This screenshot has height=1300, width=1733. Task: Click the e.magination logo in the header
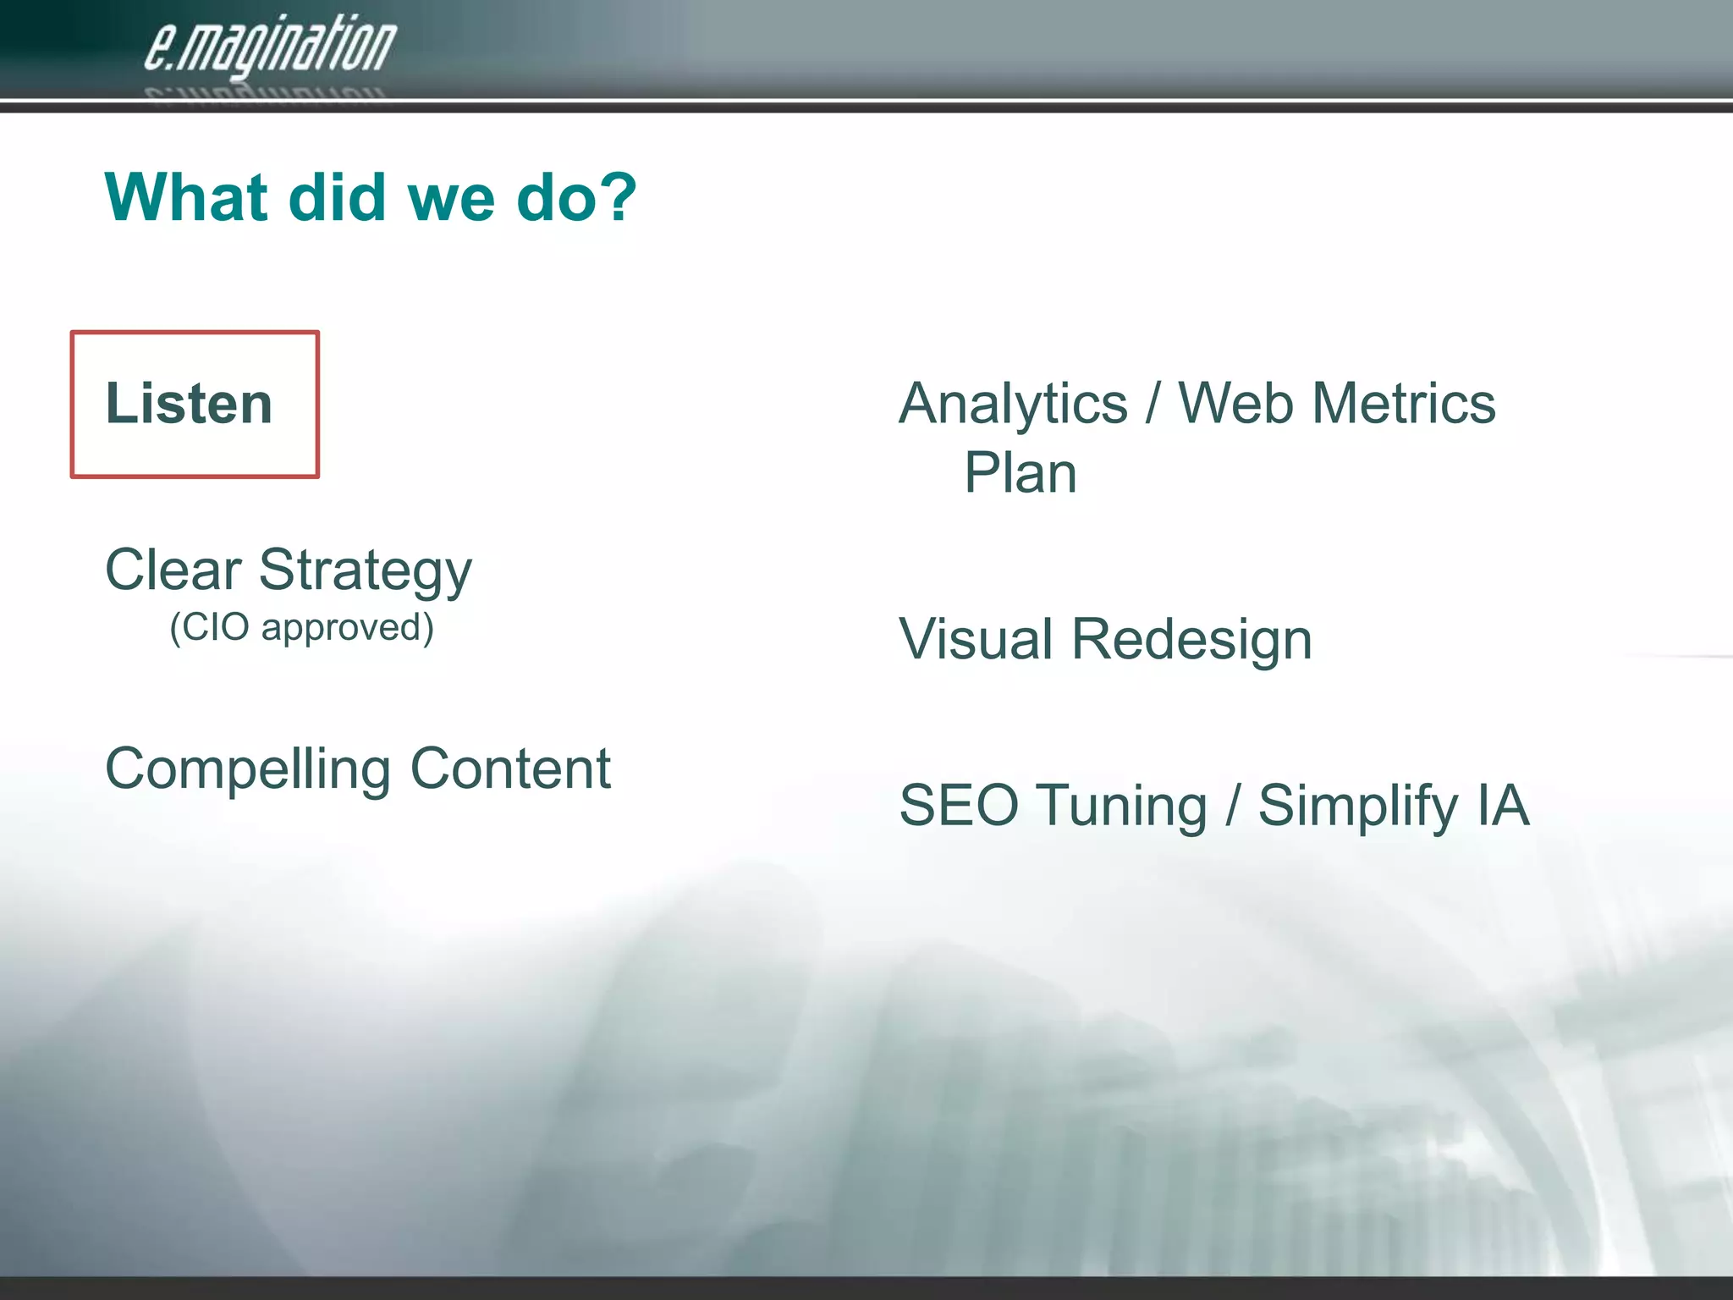pyautogui.click(x=269, y=47)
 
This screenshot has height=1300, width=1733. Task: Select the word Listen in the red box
pyautogui.click(x=189, y=404)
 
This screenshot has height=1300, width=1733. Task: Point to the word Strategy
pyautogui.click(x=365, y=572)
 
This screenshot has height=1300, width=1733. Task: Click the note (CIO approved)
pyautogui.click(x=301, y=628)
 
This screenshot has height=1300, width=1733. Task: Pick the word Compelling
pyautogui.click(x=248, y=770)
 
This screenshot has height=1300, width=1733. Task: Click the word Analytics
pyautogui.click(x=1013, y=404)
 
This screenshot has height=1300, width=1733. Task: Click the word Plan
pyautogui.click(x=1021, y=473)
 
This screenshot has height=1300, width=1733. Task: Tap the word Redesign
pyautogui.click(x=1191, y=640)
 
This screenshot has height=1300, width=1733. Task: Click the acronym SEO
pyautogui.click(x=958, y=805)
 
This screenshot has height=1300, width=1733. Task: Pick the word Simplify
pyautogui.click(x=1357, y=807)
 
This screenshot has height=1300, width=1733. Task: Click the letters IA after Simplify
pyautogui.click(x=1504, y=805)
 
